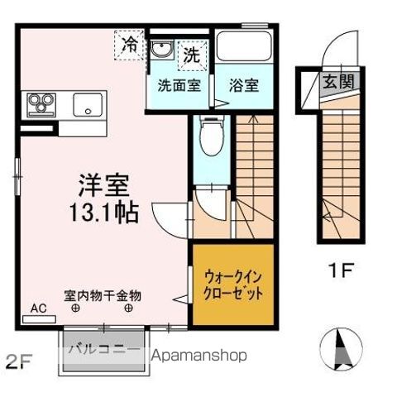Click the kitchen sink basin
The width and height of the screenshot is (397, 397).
(x=85, y=105)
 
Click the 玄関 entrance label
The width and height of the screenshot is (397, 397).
(x=337, y=81)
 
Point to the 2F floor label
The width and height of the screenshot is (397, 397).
(x=18, y=361)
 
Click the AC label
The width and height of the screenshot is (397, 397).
(x=39, y=308)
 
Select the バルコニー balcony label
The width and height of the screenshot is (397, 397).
(x=103, y=348)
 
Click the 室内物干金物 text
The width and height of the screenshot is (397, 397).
(x=103, y=294)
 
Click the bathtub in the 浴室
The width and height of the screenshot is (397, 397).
(x=244, y=49)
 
